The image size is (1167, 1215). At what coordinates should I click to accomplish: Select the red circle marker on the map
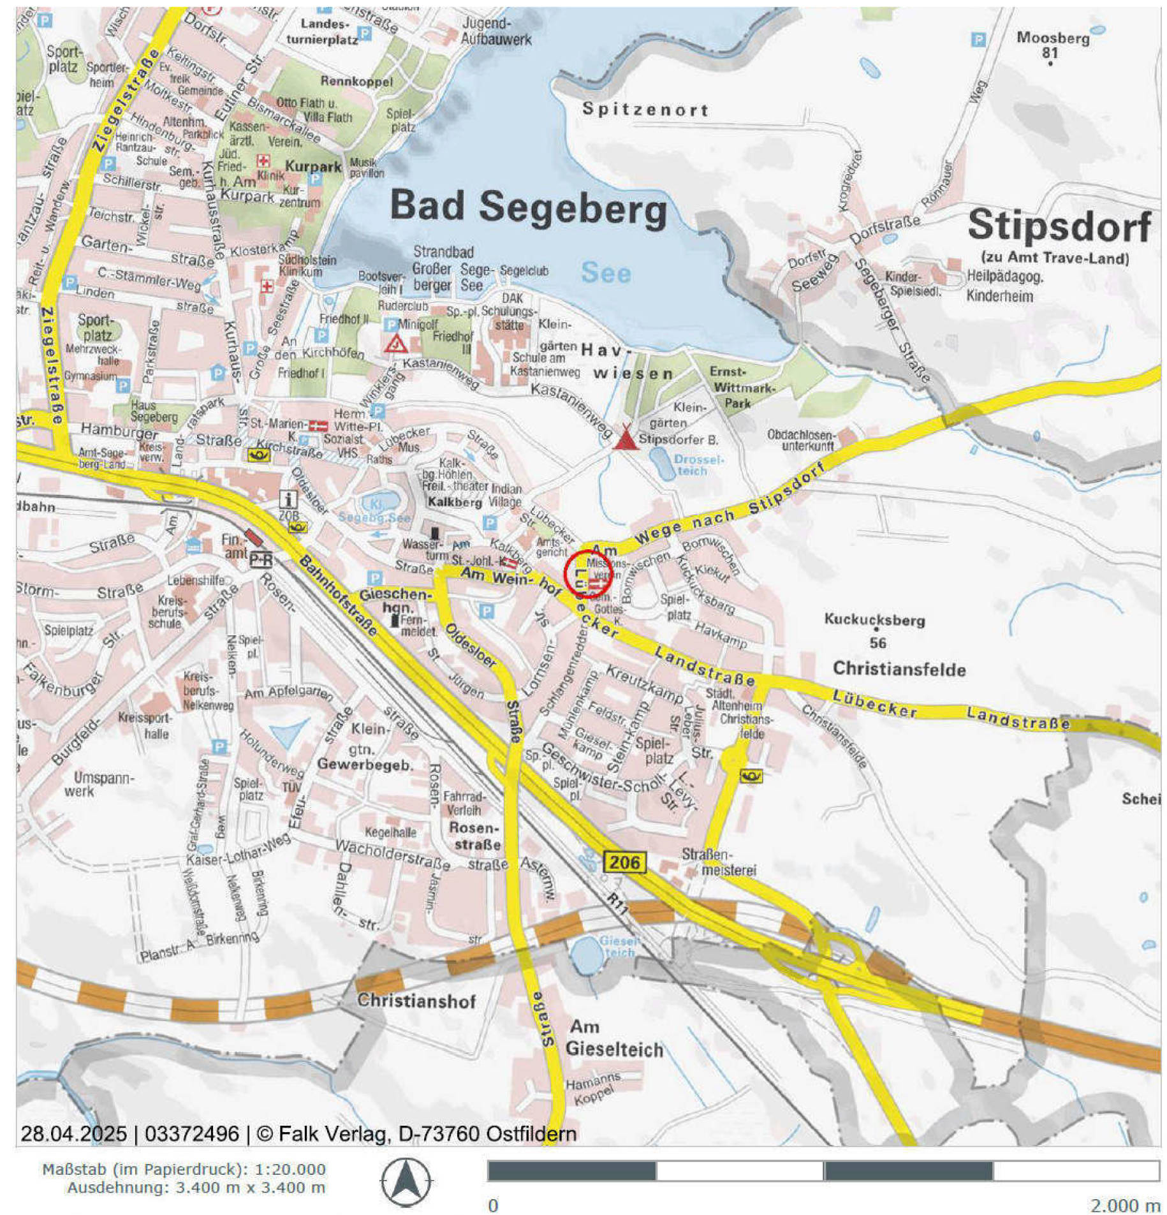587,573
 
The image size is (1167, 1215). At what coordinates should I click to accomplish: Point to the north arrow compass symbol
406,1182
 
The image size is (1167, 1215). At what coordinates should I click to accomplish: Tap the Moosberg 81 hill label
1052,44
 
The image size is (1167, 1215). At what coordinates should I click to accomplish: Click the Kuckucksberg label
873,619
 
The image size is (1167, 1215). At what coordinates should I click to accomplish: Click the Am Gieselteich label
613,1038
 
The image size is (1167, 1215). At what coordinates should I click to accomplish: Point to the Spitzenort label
644,110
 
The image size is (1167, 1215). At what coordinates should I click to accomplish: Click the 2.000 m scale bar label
1124,1205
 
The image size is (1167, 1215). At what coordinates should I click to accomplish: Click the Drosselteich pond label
698,464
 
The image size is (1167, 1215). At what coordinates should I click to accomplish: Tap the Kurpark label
312,166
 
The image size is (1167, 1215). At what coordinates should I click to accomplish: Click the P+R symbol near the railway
260,559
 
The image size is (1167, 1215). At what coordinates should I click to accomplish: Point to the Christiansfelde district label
898,668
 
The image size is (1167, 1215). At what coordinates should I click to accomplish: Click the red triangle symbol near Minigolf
396,344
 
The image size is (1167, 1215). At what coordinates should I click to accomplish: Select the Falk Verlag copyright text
298,1133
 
